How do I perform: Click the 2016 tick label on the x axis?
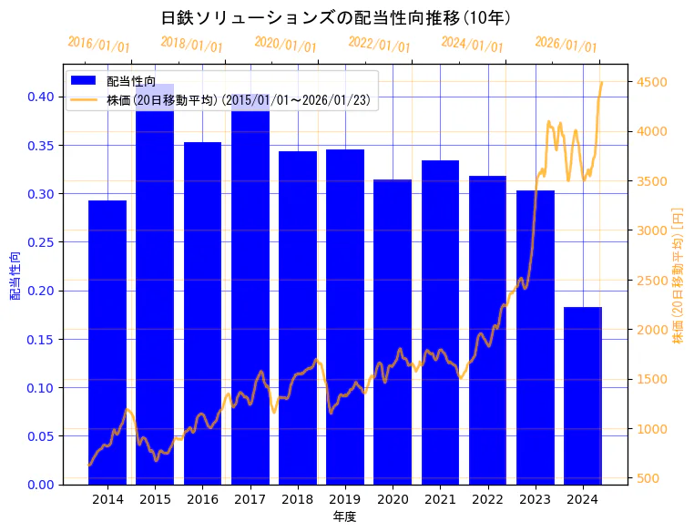(x=202, y=498)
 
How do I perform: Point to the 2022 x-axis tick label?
(x=487, y=498)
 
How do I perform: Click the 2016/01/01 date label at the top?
(x=98, y=45)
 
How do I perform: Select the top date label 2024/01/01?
(x=472, y=45)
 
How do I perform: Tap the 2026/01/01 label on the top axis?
(x=566, y=45)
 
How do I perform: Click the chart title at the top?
(x=335, y=18)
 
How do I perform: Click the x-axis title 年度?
(x=344, y=517)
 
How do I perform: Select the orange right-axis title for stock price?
(x=678, y=274)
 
